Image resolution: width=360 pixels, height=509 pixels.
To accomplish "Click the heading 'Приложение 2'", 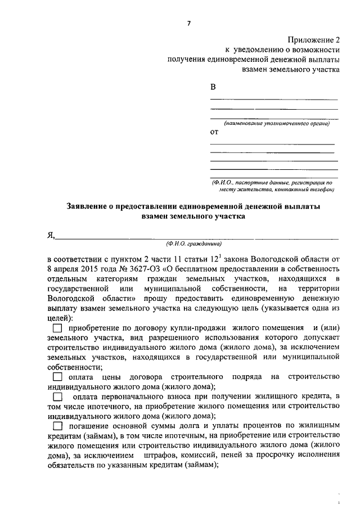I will coord(314,40).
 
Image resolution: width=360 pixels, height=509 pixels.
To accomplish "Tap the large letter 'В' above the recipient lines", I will coord(213,87).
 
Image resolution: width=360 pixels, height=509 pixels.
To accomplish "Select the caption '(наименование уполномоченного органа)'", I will coord(276,123).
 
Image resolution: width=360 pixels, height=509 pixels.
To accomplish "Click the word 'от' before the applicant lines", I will coord(214,133).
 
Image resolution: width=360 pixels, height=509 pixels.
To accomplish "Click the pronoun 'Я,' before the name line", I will coord(51,235).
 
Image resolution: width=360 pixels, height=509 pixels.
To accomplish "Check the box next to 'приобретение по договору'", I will coord(57,328).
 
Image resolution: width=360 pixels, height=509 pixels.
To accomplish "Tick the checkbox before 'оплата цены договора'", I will coord(57,376).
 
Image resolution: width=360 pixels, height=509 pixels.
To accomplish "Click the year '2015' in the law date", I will coord(89,269).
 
